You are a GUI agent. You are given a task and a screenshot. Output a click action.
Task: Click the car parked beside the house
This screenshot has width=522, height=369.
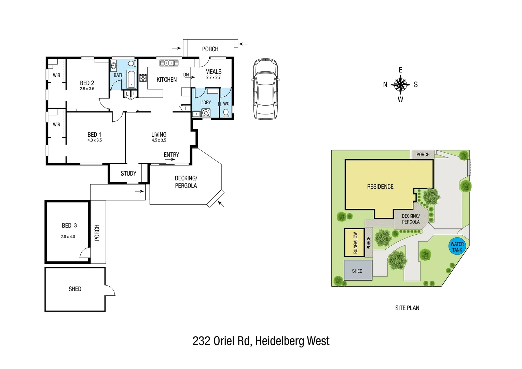click(x=265, y=89)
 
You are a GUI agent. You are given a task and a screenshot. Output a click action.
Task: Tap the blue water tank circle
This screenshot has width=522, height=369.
click(x=457, y=247)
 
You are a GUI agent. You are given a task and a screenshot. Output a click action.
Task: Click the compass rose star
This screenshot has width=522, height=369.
click(x=400, y=84)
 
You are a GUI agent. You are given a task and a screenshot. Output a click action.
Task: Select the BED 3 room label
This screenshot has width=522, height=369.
click(x=69, y=225)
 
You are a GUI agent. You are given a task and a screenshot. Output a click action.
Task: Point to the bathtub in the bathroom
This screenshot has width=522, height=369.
click(x=131, y=80)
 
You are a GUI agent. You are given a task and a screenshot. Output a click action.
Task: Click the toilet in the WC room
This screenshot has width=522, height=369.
click(x=226, y=112)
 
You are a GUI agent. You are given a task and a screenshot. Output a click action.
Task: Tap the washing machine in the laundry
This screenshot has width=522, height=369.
click(x=206, y=113)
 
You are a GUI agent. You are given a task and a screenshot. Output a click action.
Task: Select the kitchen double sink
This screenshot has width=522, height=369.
click(x=169, y=63)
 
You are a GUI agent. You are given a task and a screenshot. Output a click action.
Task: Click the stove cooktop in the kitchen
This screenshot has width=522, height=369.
click(x=143, y=78)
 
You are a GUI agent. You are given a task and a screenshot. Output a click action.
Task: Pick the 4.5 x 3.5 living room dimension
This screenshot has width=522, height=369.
click(x=159, y=140)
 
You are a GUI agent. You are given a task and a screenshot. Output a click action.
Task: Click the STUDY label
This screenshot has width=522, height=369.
click(x=128, y=174)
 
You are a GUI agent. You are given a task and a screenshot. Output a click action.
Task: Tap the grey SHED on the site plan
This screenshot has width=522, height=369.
click(x=358, y=271)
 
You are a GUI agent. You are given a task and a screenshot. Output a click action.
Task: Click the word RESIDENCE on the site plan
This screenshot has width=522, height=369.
click(x=380, y=187)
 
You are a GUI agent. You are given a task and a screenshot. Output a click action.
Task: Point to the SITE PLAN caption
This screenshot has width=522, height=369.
click(x=407, y=308)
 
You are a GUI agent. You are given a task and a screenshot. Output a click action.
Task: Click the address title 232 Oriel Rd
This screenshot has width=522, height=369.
click(x=261, y=341)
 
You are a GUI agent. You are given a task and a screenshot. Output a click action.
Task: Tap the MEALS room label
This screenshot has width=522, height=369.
click(x=213, y=71)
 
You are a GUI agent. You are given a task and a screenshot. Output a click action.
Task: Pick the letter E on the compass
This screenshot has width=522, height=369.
click(x=400, y=70)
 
